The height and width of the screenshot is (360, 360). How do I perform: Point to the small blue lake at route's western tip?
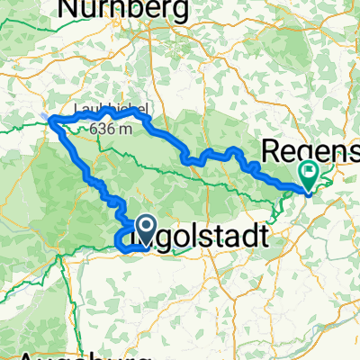click(45, 115)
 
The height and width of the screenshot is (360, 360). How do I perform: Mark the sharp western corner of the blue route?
click(50, 120)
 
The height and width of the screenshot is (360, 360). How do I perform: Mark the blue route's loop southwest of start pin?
click(122, 239)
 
